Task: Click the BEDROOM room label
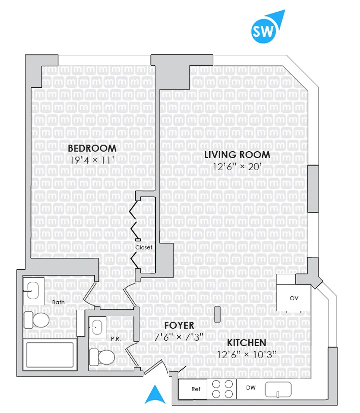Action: pyautogui.click(x=92, y=148)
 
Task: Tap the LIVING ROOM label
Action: pyautogui.click(x=237, y=155)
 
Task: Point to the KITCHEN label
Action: pyautogui.click(x=246, y=343)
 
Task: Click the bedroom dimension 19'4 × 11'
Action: pyautogui.click(x=92, y=160)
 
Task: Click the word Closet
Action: pyautogui.click(x=144, y=247)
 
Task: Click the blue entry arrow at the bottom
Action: pyautogui.click(x=155, y=395)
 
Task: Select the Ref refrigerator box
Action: pyautogui.click(x=193, y=389)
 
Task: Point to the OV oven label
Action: pyautogui.click(x=294, y=298)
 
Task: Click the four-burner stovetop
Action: pyautogui.click(x=222, y=389)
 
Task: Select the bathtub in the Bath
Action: pyautogui.click(x=50, y=355)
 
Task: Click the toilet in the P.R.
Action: pyautogui.click(x=103, y=357)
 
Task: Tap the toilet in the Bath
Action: pyautogui.click(x=37, y=319)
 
